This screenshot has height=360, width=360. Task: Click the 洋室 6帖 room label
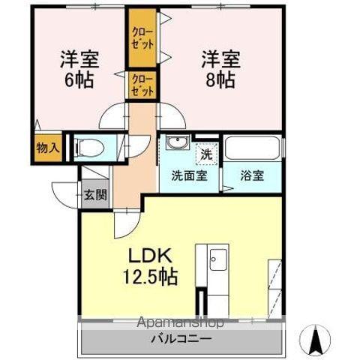[x=78, y=69]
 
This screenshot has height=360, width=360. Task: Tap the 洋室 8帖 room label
[x=220, y=69]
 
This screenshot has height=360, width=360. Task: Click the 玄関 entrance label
[x=95, y=196]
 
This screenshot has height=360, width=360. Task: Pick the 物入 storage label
[x=47, y=147]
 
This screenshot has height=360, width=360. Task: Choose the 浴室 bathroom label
[x=252, y=176]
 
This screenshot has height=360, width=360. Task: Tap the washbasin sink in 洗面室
[x=178, y=144]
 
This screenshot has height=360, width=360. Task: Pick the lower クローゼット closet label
[x=142, y=83]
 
